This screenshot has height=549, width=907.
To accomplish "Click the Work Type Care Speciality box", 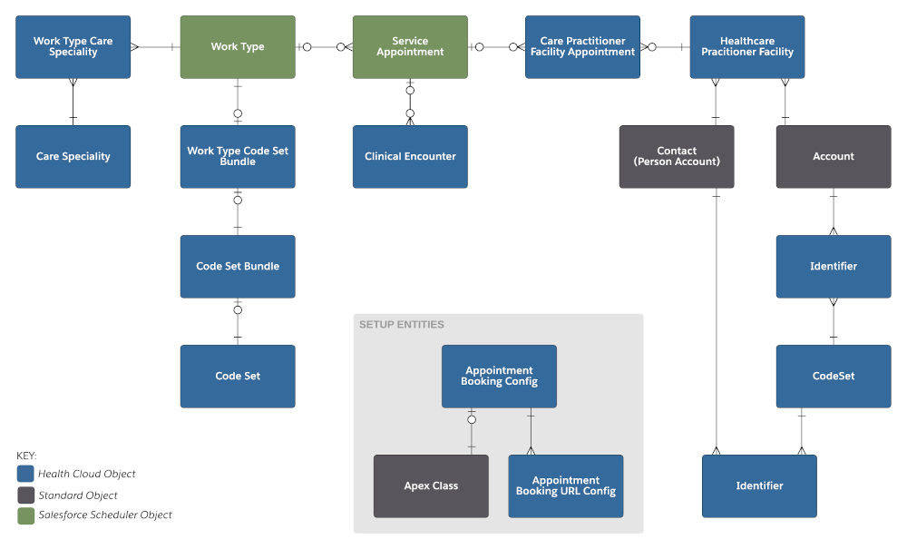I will click(73, 47).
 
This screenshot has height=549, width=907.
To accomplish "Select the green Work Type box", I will click(238, 47).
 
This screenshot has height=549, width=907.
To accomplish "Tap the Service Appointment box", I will click(410, 47).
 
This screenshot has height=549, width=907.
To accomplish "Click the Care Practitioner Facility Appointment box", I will click(582, 47).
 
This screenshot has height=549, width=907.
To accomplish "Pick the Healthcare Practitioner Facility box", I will click(746, 47).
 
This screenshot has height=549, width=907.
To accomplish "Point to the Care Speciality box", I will click(73, 157).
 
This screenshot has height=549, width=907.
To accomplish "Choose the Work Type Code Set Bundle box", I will click(238, 157).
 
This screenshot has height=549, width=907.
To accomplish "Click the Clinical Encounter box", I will click(410, 157).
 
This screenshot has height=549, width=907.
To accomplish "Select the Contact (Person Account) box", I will click(677, 157).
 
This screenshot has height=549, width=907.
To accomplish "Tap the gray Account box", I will click(834, 157).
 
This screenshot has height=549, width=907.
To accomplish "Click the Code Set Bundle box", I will click(238, 267).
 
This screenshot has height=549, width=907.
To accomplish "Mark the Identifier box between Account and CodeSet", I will click(834, 267).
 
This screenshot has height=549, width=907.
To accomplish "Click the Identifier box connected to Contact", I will click(759, 486).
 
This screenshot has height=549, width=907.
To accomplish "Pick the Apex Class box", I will click(431, 486).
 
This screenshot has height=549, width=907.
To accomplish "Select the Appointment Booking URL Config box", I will click(566, 486).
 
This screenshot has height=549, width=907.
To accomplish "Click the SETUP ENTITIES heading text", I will click(402, 325).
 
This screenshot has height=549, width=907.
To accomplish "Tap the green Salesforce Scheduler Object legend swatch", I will click(25, 515).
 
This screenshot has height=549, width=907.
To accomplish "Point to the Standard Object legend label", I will click(78, 495).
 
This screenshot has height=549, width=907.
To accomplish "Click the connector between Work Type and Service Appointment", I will click(324, 47).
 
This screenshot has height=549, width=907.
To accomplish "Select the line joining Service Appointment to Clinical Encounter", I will click(410, 103).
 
